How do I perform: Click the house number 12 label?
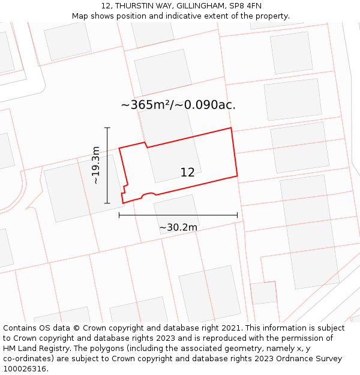point(187,173)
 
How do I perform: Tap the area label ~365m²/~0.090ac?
point(178,105)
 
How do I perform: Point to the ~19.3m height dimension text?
point(95,165)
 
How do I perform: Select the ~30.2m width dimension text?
point(178,227)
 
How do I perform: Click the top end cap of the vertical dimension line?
point(107,128)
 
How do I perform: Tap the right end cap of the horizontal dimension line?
point(238,215)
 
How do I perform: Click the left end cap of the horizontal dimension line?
point(119,215)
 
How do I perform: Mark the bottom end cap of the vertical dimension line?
point(107,203)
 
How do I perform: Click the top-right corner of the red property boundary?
point(231,128)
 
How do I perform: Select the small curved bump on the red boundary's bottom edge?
point(148,194)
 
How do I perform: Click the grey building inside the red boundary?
point(174,160)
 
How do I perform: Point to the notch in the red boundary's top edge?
point(146,145)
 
